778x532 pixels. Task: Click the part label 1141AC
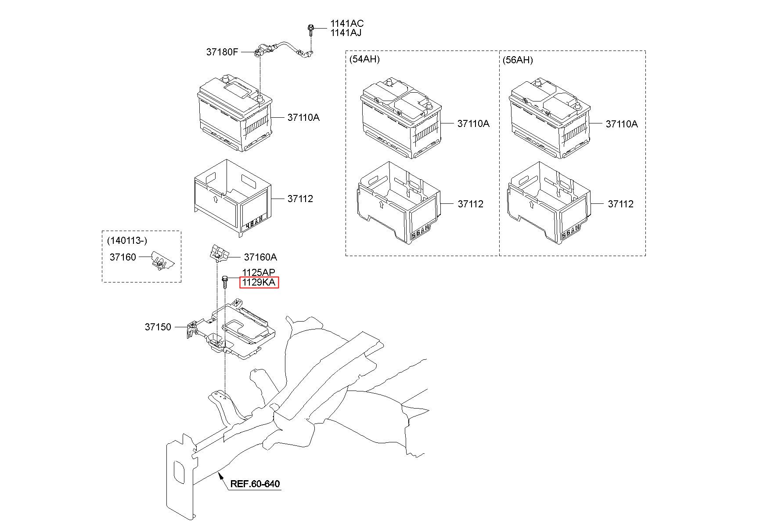pos(347,24)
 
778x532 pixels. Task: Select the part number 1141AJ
pos(346,33)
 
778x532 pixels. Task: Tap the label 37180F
pos(222,52)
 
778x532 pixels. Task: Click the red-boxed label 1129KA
pos(259,282)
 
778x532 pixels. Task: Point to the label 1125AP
pos(259,273)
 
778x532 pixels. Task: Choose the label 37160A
pos(260,257)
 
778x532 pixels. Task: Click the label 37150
pos(158,327)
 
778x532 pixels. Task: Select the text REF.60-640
pos(255,484)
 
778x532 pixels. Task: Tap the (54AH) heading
pos(364,59)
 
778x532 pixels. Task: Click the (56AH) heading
pos(518,60)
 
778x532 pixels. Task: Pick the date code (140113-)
pos(127,241)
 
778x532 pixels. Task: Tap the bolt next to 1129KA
pos(225,281)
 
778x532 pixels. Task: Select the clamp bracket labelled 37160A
pos(218,253)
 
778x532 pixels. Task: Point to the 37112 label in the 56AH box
pos(620,204)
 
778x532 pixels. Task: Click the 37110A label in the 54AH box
pos(473,124)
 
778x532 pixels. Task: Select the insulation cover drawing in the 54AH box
pos(397,202)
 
